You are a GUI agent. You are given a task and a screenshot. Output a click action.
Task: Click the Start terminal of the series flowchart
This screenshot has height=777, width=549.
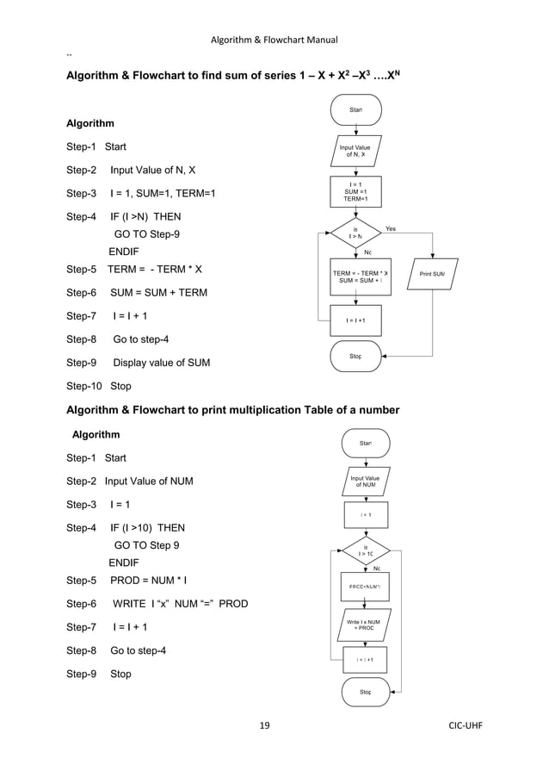[x=355, y=110]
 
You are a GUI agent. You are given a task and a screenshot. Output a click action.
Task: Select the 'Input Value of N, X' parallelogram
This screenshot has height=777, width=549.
[x=355, y=152]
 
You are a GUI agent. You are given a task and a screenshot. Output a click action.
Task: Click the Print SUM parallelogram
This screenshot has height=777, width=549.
[x=432, y=275]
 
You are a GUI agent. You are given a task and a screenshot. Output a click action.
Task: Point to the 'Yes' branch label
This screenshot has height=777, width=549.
[x=391, y=229]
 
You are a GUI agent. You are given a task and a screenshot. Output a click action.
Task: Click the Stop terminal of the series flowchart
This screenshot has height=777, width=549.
[x=355, y=355]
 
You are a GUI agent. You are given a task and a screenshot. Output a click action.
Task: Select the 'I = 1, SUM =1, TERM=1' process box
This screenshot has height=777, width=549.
[x=355, y=192]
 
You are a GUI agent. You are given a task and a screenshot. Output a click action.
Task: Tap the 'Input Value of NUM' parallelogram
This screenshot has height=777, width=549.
[x=365, y=481]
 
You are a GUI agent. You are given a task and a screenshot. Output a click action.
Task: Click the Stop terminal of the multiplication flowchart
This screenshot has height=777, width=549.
[x=366, y=692]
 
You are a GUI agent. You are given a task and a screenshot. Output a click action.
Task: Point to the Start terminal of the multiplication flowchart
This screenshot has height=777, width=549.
[x=366, y=444]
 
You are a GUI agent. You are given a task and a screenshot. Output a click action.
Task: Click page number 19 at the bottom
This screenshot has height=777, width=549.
[x=264, y=725]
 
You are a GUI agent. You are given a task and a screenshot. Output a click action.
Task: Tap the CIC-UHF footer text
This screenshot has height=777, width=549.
[x=464, y=725]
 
